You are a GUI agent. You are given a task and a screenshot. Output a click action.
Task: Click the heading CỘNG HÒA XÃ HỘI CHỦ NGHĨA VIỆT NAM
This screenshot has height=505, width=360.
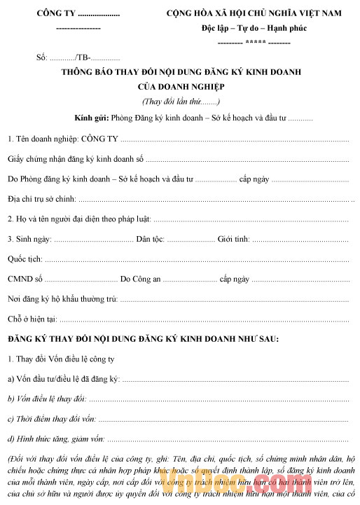coord(257,13)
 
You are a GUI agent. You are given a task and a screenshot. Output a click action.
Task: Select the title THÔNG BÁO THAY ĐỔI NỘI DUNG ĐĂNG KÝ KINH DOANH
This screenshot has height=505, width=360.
coord(180,74)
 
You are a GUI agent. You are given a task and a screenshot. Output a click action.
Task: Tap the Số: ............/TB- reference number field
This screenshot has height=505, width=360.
coord(72,57)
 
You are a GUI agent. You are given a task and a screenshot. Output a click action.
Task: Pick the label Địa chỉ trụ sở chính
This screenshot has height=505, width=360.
coord(41,200)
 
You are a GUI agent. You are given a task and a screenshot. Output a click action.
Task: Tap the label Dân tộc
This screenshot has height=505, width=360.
coord(151,240)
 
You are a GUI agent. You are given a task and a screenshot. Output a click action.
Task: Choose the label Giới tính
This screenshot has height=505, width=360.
coord(233,240)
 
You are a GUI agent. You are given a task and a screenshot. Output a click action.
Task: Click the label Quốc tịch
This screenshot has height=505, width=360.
coord(25,259)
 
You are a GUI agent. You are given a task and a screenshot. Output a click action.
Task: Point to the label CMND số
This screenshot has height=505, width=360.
coord(25,279)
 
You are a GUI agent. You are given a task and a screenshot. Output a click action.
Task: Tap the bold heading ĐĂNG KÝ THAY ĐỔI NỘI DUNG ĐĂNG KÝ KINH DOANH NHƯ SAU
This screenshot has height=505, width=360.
coord(143,339)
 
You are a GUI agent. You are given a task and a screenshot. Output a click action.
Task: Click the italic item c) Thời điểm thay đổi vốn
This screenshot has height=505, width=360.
coord(52,419)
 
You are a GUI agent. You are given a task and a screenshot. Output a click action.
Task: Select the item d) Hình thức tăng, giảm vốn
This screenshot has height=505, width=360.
coord(56,438)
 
